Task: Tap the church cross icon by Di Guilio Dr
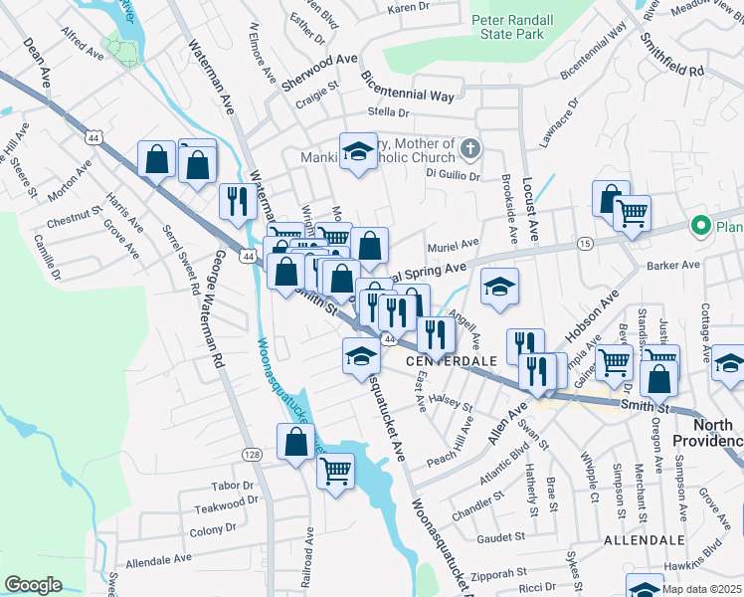[470, 150]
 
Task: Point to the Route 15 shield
[585, 243]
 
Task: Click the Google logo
[33, 585]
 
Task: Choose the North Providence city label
[707, 433]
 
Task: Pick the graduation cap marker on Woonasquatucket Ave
[360, 355]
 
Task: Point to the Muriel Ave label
[453, 243]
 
